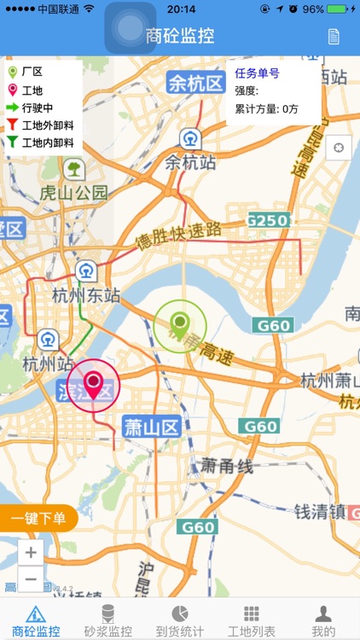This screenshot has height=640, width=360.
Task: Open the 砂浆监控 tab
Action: [x=108, y=620]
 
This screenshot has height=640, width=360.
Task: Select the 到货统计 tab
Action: [x=180, y=620]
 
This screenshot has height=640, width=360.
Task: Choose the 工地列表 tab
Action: [x=252, y=620]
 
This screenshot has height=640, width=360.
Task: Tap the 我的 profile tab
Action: [x=323, y=620]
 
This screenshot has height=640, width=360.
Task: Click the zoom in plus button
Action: [x=31, y=552]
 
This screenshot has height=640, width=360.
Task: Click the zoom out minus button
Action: [x=31, y=579]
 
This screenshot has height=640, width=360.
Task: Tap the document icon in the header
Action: [x=334, y=36]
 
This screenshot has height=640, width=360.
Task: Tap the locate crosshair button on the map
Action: [x=339, y=148]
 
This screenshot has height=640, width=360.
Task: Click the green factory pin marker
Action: [x=179, y=325]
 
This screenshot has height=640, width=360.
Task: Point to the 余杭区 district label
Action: [x=195, y=83]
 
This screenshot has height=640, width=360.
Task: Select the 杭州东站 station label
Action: [x=85, y=295]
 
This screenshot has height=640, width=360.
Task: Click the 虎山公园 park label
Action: [x=74, y=192]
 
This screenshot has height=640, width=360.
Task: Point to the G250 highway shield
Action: [x=267, y=220]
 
